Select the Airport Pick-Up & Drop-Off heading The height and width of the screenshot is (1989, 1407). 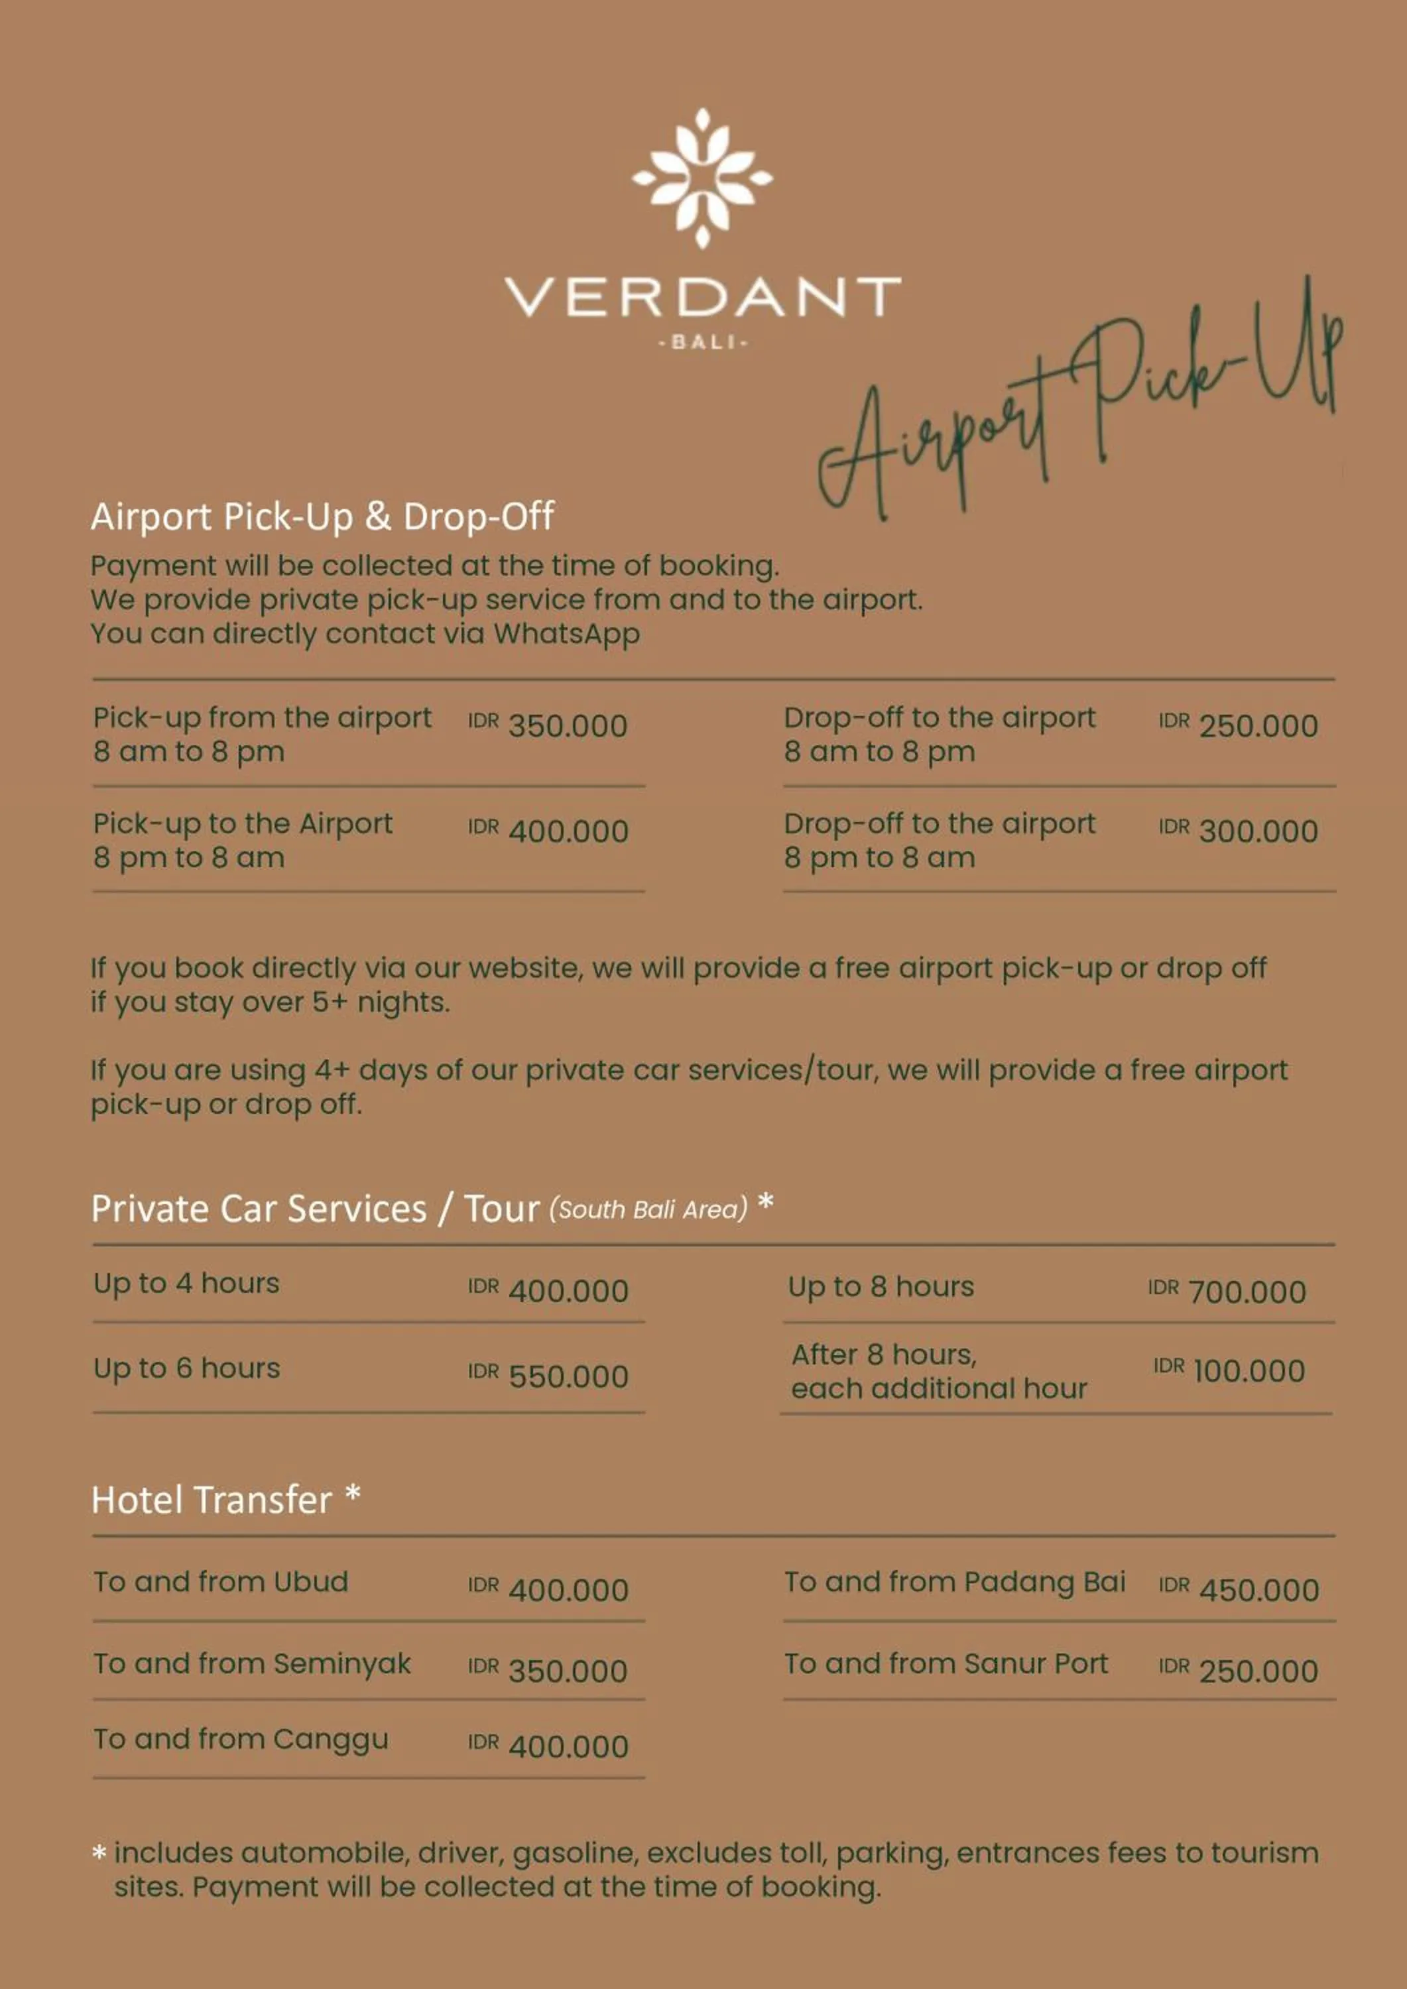click(322, 517)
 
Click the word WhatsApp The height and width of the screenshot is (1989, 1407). click(567, 634)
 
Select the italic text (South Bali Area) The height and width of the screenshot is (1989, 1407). click(648, 1209)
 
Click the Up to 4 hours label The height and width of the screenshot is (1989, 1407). click(186, 1284)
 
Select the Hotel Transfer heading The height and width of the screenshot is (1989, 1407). click(212, 1500)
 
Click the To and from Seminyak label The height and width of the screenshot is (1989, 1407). click(252, 1664)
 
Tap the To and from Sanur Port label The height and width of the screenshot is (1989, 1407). click(946, 1664)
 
